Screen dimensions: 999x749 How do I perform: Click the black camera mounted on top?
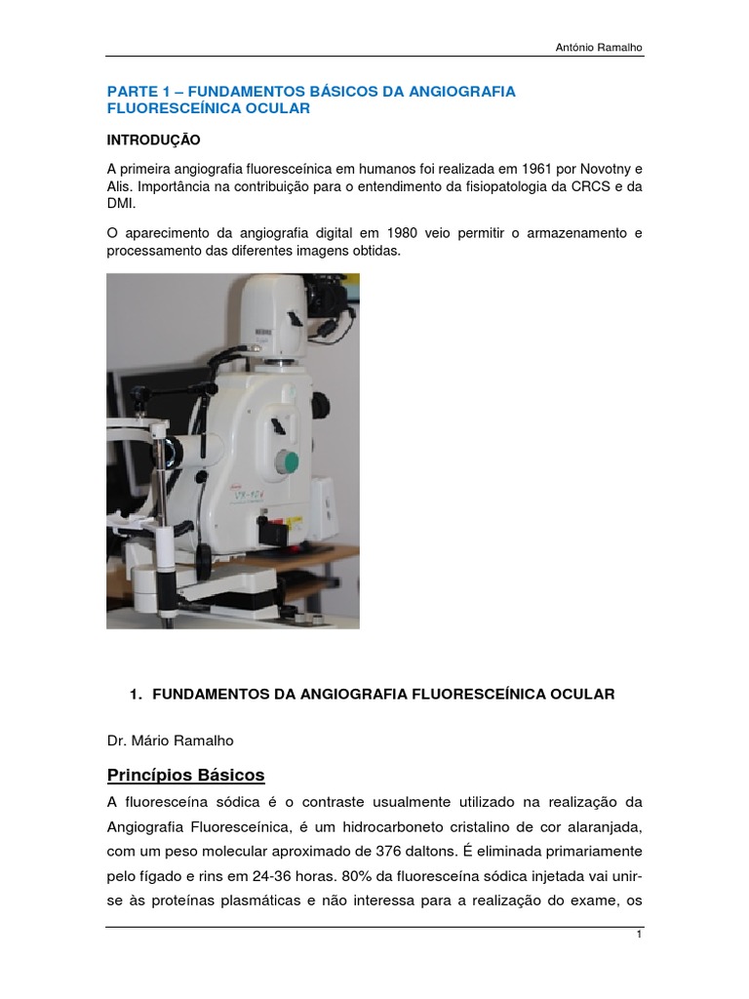tap(329, 294)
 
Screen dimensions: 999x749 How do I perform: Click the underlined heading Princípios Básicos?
tap(185, 776)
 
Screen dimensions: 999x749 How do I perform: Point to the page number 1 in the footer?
tap(637, 935)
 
